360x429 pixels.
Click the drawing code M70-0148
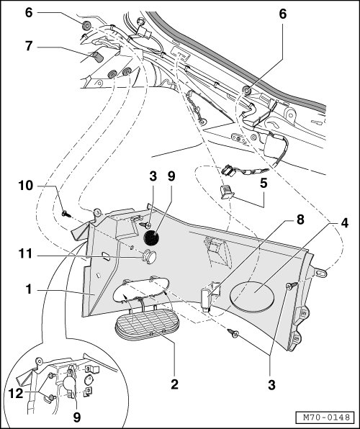click(327, 417)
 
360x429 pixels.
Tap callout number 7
click(29, 46)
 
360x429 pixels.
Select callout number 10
click(25, 186)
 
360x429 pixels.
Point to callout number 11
click(25, 254)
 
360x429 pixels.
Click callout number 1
click(29, 289)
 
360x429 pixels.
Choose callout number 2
click(174, 384)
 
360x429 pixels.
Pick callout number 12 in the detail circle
click(16, 394)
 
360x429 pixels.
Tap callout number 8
click(300, 220)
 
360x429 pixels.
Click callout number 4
click(344, 223)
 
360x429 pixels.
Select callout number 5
click(264, 183)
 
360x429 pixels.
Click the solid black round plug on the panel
click(151, 238)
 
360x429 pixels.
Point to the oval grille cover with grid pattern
click(147, 325)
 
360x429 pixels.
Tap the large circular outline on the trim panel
click(253, 297)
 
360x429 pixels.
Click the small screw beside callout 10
click(66, 214)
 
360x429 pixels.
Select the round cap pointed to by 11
click(148, 257)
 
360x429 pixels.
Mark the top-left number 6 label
click(29, 12)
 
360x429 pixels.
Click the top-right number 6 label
click(283, 14)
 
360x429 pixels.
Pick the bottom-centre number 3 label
click(271, 385)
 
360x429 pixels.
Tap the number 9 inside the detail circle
click(77, 417)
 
